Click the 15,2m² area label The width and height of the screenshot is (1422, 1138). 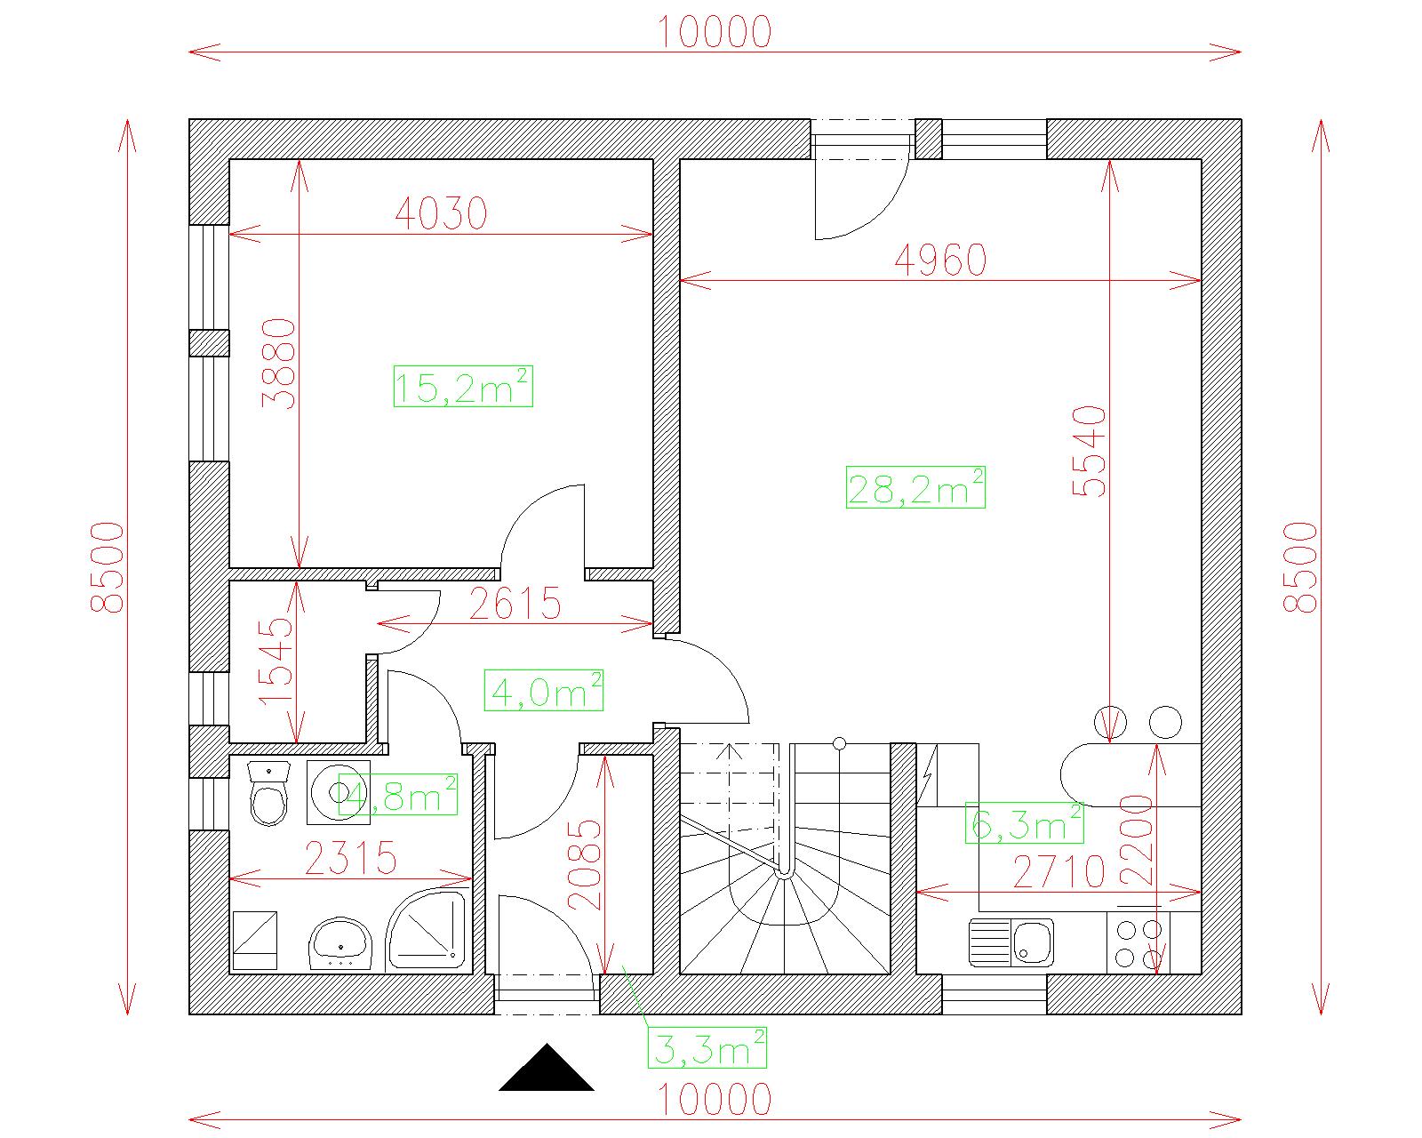coord(463,386)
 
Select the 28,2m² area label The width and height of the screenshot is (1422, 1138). coord(915,487)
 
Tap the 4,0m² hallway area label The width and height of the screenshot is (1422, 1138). coord(544,690)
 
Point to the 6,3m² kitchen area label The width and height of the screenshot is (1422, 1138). coord(1024,822)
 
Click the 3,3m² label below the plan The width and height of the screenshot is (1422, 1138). coord(707,1047)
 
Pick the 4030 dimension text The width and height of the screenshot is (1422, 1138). coord(442,213)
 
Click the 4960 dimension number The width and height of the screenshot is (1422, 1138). coord(940,260)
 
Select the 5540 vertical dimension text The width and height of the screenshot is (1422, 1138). coord(1089,452)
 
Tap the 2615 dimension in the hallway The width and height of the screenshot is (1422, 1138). coord(515,603)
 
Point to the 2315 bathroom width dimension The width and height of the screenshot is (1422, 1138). coord(351,858)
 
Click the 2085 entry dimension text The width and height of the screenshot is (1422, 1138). coord(585,865)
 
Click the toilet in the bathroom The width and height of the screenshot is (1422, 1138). coord(269,793)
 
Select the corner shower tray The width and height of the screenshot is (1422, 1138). coord(427,930)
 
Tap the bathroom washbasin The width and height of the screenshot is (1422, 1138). coord(340,943)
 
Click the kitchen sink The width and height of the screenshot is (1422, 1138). coord(1011,942)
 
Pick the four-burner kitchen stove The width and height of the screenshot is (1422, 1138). coord(1138,943)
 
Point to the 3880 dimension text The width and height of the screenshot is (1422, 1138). coord(278,365)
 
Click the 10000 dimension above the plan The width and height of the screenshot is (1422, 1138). coord(715,32)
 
